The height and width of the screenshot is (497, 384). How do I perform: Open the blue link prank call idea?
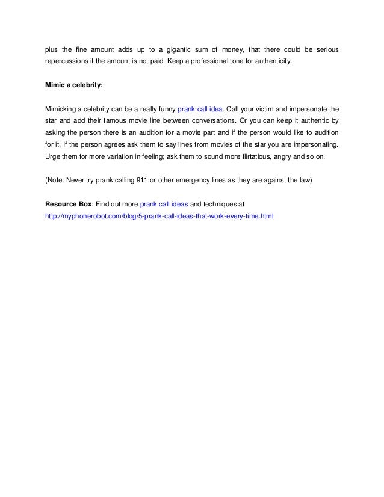click(x=200, y=109)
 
